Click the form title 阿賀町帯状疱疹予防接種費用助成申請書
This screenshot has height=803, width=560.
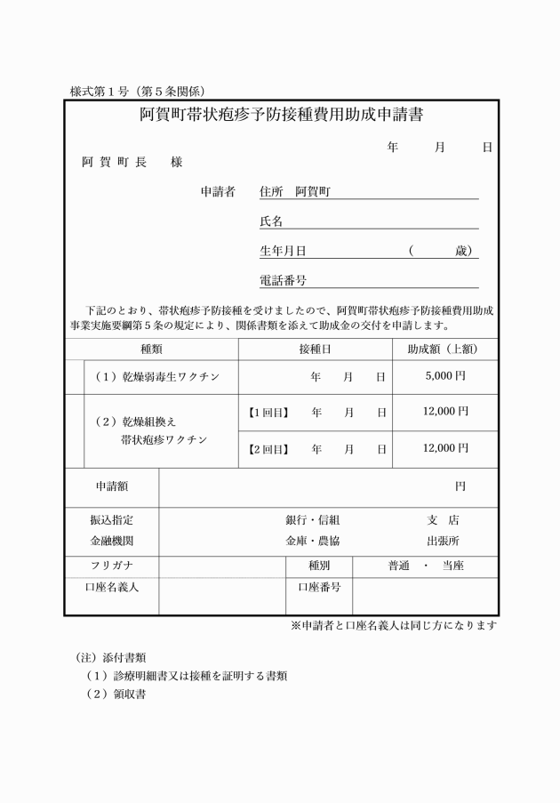(280, 116)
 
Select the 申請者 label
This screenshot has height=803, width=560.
(218, 191)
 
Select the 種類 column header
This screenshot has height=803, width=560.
(151, 349)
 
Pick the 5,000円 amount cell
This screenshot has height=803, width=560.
(445, 376)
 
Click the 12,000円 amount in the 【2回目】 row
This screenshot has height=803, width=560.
(445, 448)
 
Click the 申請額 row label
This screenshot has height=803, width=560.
(112, 486)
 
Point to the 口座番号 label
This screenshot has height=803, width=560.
(319, 587)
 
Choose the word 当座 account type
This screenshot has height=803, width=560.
(453, 566)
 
